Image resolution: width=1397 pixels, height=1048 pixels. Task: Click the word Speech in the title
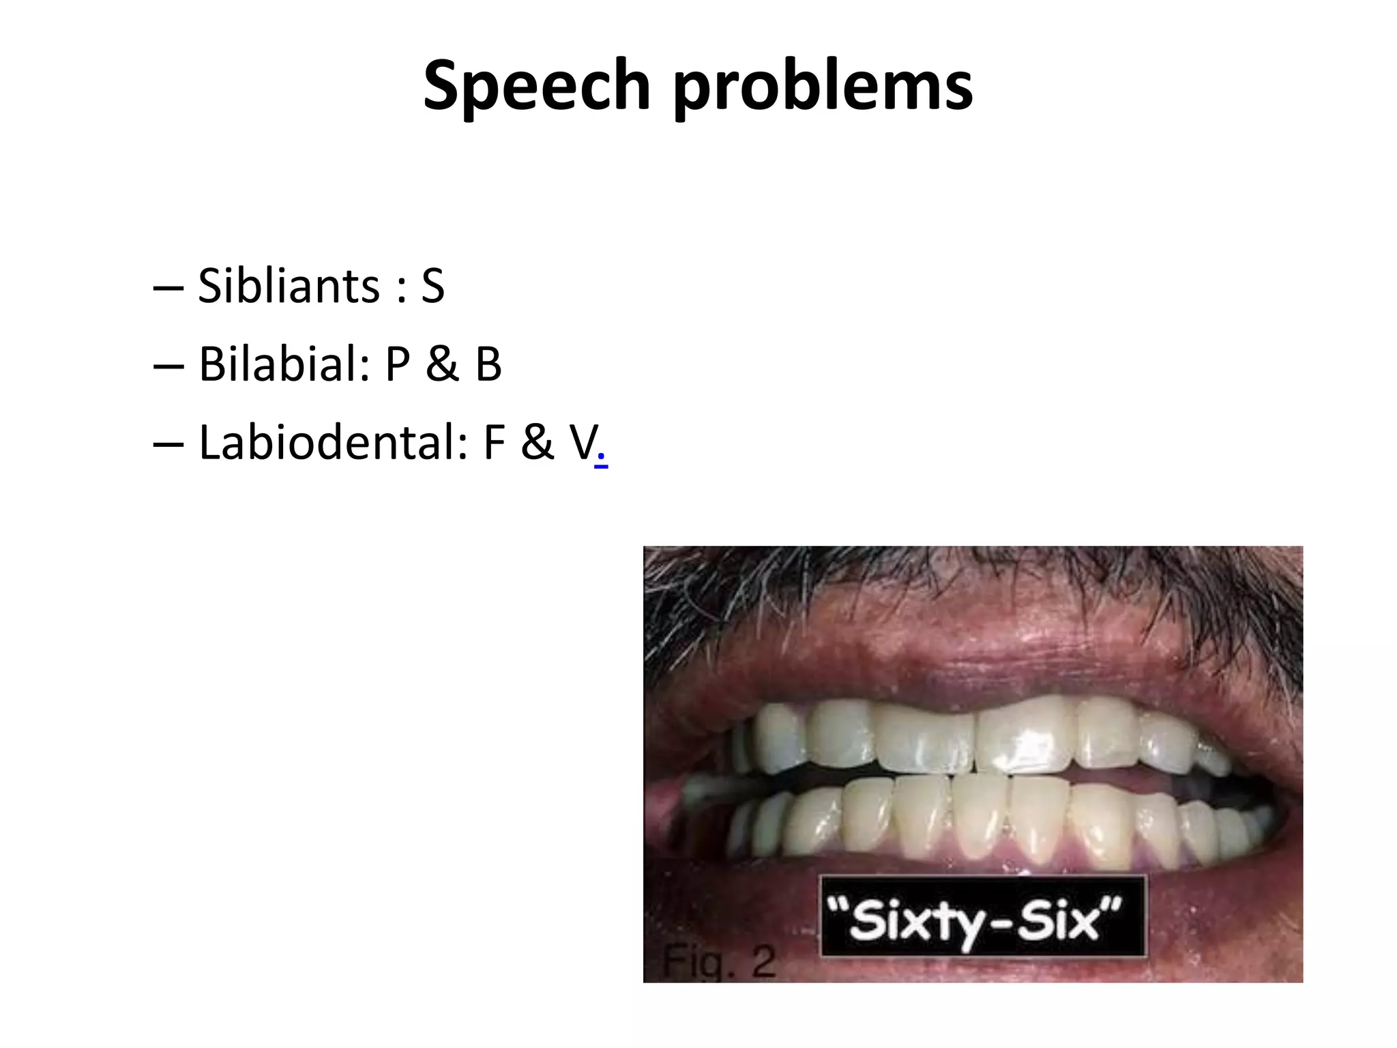(x=536, y=87)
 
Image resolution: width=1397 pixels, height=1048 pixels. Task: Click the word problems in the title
(x=823, y=87)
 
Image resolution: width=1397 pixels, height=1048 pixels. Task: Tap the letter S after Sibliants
(x=432, y=286)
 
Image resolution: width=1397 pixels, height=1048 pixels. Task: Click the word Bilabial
(x=284, y=364)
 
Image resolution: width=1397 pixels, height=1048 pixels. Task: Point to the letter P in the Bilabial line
(x=398, y=364)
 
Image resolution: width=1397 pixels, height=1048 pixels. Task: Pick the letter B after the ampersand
(x=488, y=364)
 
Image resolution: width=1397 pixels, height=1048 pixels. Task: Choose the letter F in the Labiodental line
(x=495, y=443)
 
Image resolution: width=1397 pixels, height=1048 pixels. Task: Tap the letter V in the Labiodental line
(x=583, y=443)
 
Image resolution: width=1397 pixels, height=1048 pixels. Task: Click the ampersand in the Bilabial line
(x=443, y=364)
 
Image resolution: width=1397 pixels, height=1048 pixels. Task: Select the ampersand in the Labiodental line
(x=538, y=443)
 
